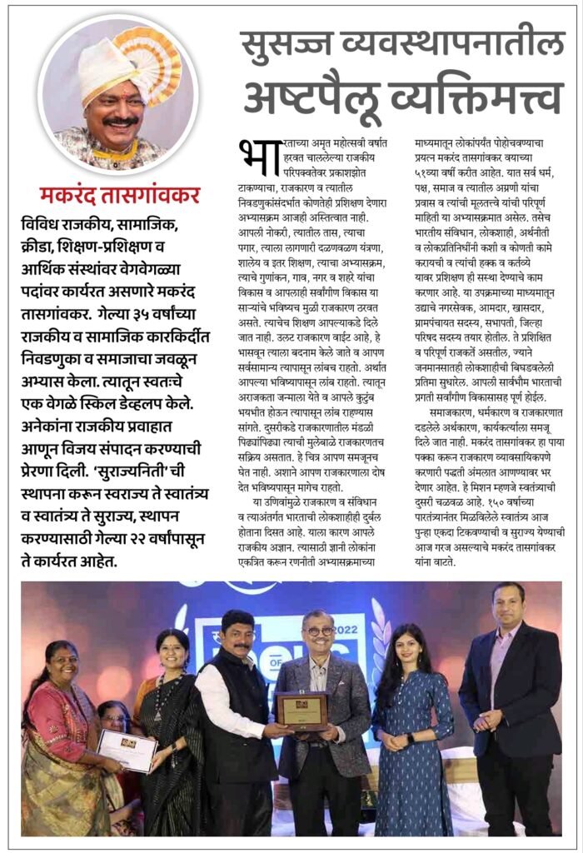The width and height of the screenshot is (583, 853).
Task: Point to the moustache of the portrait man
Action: click(122, 121)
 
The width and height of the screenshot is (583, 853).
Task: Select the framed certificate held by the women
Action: click(127, 750)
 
